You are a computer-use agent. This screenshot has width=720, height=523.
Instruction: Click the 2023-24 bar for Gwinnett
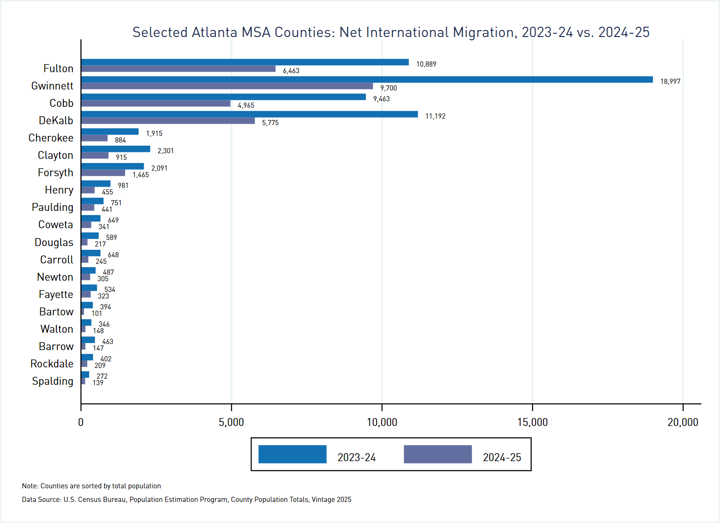[x=367, y=80]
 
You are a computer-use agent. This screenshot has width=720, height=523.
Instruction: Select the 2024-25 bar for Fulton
[x=178, y=69]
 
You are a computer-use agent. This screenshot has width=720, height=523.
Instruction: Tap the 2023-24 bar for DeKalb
[x=249, y=114]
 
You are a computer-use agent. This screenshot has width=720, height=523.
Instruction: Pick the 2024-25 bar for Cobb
[x=155, y=104]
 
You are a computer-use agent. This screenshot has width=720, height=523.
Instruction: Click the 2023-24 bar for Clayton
[x=115, y=149]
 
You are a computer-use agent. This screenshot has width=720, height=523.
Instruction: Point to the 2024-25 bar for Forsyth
[x=103, y=173]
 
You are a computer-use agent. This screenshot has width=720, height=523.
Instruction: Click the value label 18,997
[x=670, y=82]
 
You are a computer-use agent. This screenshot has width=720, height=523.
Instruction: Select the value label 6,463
[x=291, y=71]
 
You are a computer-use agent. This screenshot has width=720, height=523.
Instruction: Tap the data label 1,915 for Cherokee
[x=154, y=134]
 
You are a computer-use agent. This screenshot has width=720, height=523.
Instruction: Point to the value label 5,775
[x=270, y=123]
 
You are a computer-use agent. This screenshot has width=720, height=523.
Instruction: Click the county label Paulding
[x=53, y=207]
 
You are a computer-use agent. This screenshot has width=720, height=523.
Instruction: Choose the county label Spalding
[x=53, y=381]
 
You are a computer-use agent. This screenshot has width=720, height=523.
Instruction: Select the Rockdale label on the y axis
[x=52, y=364]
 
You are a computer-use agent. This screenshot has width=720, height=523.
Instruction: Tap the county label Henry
[x=59, y=190]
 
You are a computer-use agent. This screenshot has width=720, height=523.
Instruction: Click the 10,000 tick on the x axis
[x=382, y=422]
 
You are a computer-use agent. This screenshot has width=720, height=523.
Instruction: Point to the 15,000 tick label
[x=532, y=422]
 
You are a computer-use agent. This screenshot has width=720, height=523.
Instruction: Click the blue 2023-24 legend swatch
[x=292, y=454]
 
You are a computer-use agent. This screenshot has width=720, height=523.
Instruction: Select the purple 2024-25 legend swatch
[x=437, y=454]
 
